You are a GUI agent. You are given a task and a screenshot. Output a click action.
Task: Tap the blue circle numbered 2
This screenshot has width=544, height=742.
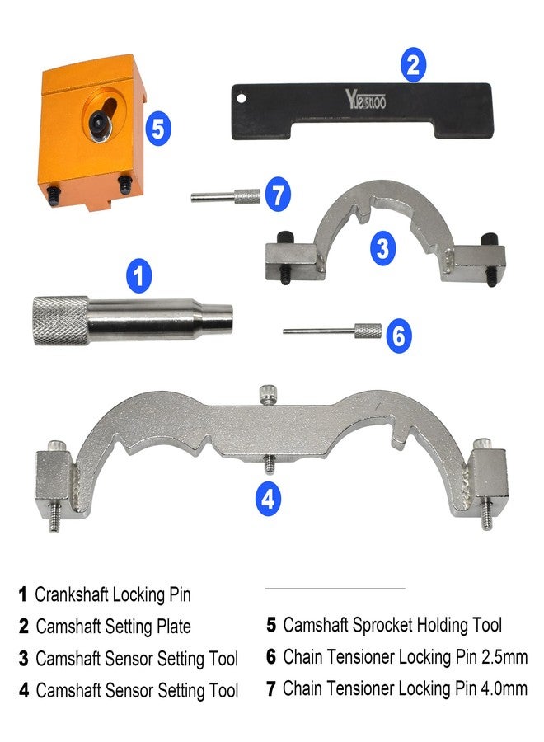pos(414,64)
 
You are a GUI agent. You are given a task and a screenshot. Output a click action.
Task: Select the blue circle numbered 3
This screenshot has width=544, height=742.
pos(382,248)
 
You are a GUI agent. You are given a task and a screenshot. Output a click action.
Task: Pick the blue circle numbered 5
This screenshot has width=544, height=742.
pos(157,129)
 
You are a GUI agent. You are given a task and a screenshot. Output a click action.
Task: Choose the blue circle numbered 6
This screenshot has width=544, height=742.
pos(398,336)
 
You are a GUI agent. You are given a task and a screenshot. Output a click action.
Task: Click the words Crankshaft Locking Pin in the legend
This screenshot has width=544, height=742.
pos(113,594)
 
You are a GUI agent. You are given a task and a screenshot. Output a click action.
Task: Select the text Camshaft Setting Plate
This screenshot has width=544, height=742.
pos(113,627)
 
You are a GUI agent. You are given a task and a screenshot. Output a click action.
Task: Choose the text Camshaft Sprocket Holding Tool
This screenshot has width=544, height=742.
pos(392,626)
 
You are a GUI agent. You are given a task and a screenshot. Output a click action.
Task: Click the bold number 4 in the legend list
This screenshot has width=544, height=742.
pos(24,691)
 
